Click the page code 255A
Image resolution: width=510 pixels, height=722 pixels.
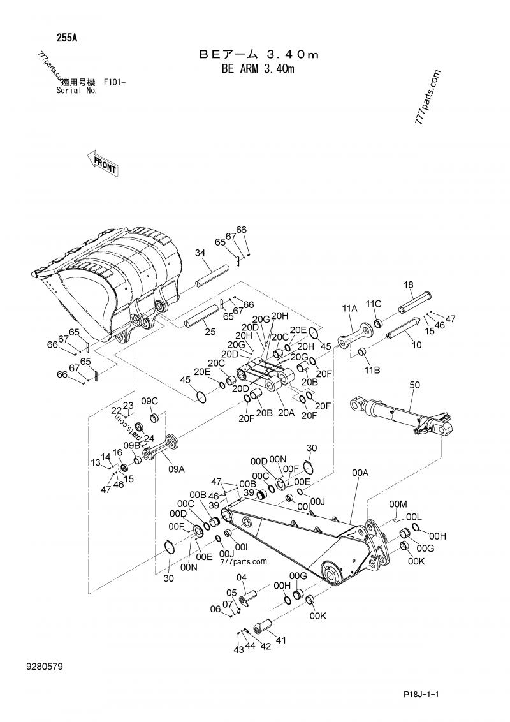[x=66, y=38]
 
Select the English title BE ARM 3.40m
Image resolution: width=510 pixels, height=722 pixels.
[x=258, y=68]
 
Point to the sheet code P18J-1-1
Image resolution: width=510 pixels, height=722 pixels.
[x=422, y=694]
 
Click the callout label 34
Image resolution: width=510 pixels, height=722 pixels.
[x=200, y=253]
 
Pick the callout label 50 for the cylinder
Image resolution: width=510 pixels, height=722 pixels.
[x=415, y=385]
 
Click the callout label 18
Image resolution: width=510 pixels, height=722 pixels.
[x=409, y=284]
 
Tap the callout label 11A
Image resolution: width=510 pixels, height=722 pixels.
[x=350, y=308]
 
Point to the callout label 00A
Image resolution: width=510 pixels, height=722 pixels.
[x=360, y=473]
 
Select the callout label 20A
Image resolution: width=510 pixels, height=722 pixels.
[x=285, y=413]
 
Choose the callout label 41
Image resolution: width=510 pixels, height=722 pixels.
[x=281, y=640]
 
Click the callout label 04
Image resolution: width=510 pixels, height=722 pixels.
[x=242, y=578]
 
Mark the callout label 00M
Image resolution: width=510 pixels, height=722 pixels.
[x=397, y=504]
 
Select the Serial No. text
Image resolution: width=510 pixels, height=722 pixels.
[x=76, y=91]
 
